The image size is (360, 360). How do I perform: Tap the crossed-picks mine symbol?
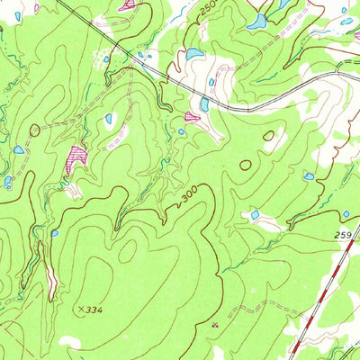coord(214,320)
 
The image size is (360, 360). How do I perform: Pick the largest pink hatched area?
coord(76,157)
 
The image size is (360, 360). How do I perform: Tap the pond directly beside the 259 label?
coord(346,214)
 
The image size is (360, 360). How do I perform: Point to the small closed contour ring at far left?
coord(35,130)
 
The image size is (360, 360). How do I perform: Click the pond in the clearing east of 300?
coord(255,215)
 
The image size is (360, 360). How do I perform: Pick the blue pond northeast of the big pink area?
coord(109,118)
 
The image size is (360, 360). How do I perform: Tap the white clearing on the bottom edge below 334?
coord(70,343)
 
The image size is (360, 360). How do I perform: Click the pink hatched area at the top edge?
coord(129,4)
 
